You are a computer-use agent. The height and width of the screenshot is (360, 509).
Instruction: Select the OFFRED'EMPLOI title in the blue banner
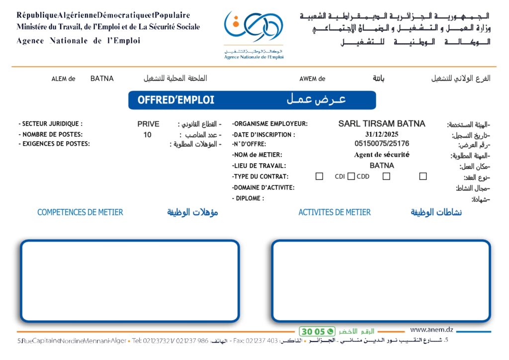click(176, 100)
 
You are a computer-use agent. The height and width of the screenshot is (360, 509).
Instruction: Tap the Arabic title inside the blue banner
click(316, 99)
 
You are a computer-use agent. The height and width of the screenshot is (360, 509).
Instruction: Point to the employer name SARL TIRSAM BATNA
click(382, 123)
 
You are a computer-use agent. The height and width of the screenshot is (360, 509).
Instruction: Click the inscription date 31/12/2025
click(382, 134)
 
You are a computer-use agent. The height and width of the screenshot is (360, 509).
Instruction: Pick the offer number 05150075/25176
click(382, 144)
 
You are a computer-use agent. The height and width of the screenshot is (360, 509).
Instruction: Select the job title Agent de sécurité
click(382, 155)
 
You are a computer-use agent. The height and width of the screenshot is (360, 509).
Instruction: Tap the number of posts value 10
click(148, 134)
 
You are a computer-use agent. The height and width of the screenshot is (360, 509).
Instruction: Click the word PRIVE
click(149, 124)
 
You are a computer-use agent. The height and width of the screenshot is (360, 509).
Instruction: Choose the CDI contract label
click(340, 177)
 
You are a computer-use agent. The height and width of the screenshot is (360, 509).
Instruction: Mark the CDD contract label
click(363, 177)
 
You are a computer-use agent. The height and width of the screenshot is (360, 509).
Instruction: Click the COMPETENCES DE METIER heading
click(80, 212)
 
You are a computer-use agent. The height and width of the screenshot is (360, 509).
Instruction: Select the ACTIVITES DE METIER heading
click(335, 212)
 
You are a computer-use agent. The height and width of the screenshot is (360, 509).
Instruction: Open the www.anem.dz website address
click(431, 330)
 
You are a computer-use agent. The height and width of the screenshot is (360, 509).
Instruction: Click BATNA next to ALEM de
click(102, 79)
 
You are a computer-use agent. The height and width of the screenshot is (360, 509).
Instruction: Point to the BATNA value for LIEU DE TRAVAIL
click(382, 166)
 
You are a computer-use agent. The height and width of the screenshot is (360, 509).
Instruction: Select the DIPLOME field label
click(248, 198)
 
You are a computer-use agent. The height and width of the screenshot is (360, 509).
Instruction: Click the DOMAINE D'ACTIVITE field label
click(263, 187)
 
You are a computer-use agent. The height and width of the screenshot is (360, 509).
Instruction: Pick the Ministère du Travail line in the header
click(108, 27)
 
